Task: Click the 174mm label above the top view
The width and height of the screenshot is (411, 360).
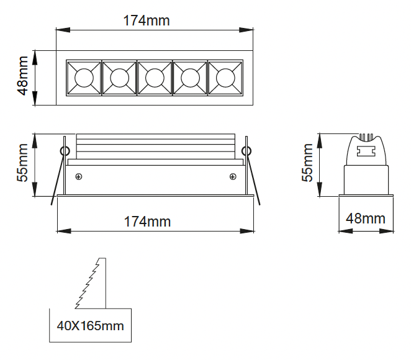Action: pos(147,20)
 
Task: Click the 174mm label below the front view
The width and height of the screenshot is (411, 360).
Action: pos(147,222)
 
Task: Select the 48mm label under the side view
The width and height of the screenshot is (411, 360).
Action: pos(366,218)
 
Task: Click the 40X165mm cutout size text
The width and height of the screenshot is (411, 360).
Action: pos(90,326)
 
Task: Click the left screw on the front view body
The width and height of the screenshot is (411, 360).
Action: pos(79,177)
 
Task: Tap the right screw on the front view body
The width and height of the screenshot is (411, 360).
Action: pos(232,177)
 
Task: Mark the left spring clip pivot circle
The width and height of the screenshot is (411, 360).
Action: pos(64,150)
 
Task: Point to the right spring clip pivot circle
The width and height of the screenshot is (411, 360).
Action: pos(246,150)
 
